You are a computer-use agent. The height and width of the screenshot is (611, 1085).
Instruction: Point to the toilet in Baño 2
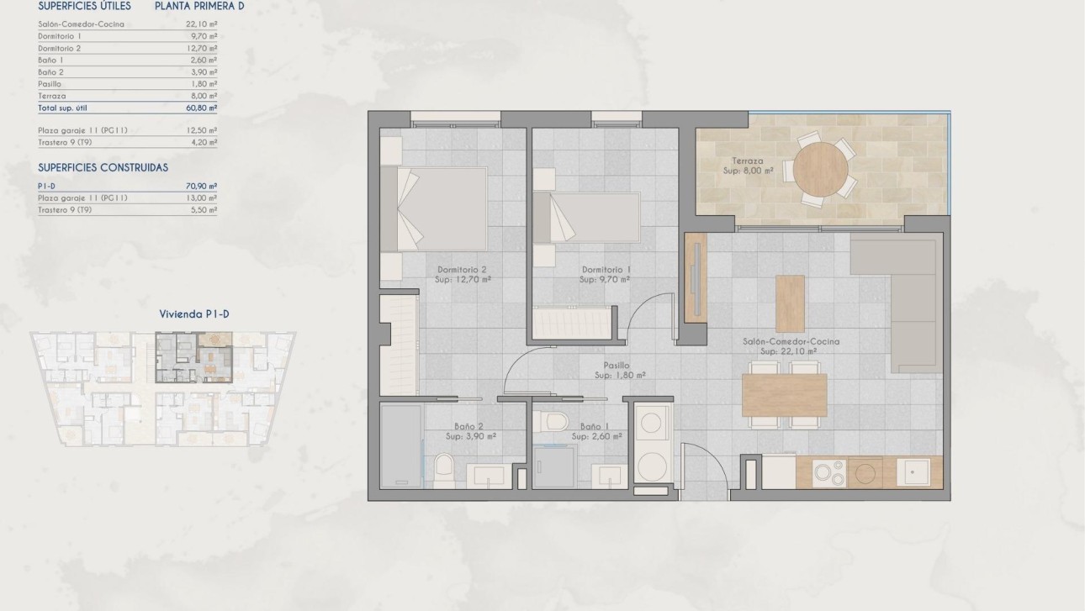click(444, 470)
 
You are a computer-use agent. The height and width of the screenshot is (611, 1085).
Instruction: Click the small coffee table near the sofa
click(789, 303)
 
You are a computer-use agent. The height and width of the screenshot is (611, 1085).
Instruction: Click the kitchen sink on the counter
click(913, 472)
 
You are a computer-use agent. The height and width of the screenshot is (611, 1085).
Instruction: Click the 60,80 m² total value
click(201, 108)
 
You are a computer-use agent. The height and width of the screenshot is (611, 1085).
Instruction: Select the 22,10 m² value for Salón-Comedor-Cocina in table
click(201, 24)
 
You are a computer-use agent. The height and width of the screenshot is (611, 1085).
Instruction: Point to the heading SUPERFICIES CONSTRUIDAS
click(103, 167)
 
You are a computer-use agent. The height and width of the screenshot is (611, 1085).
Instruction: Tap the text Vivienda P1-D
click(194, 314)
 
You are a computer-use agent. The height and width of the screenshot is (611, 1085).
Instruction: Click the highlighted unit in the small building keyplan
click(193, 356)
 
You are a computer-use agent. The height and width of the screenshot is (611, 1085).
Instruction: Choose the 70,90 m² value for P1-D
click(201, 186)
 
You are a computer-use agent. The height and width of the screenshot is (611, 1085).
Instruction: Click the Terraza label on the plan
click(747, 161)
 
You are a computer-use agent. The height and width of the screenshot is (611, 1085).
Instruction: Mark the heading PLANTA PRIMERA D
click(200, 6)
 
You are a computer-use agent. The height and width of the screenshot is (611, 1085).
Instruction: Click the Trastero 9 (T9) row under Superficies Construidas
click(65, 210)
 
